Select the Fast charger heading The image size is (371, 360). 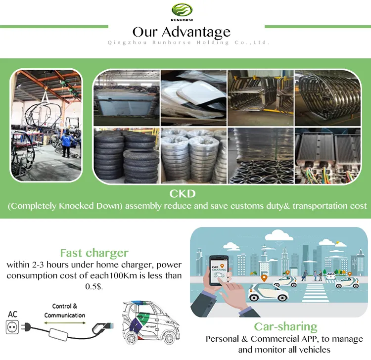point(94,253)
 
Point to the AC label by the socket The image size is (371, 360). point(13,314)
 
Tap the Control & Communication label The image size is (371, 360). point(65,311)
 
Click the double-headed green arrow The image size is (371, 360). point(65,322)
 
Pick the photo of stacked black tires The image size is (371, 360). point(126,155)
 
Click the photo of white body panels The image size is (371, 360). point(193,97)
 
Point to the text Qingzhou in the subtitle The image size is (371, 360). point(122,43)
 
